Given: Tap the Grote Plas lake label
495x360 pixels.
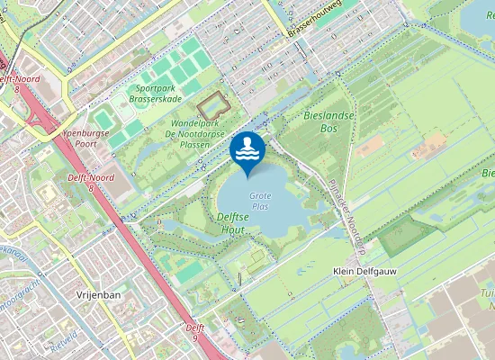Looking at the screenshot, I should [260, 201].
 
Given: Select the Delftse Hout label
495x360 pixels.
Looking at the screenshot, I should [233, 223].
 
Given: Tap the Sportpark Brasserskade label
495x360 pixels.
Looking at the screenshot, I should [155, 94].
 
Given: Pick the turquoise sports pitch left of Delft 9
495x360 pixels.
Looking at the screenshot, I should [192, 269].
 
